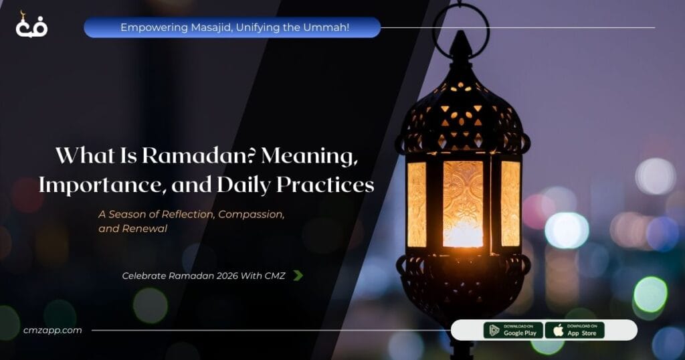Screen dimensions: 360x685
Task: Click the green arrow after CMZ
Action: coord(298,275)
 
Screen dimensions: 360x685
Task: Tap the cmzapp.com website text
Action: coord(47,330)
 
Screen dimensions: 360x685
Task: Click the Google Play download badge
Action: coord(512,330)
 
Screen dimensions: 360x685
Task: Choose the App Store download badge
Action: coord(574,330)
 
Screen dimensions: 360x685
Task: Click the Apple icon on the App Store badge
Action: coord(557,330)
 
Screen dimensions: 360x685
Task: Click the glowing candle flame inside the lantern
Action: coord(462,231)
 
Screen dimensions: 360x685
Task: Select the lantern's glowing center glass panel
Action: coord(462,201)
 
